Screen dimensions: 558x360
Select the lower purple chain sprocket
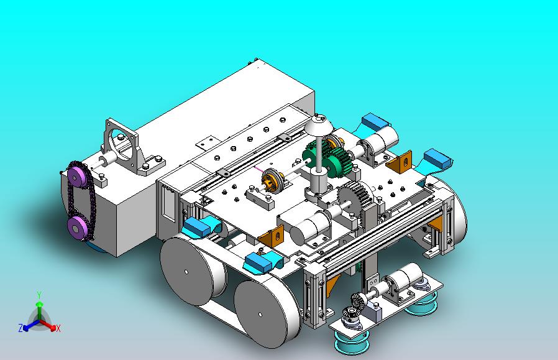(77, 226)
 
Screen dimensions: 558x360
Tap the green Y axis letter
(40, 295)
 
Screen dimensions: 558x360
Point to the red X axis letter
(58, 328)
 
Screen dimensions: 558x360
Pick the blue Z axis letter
(21, 328)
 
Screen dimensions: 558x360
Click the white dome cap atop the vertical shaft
(319, 124)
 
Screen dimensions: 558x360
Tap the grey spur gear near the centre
(354, 195)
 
